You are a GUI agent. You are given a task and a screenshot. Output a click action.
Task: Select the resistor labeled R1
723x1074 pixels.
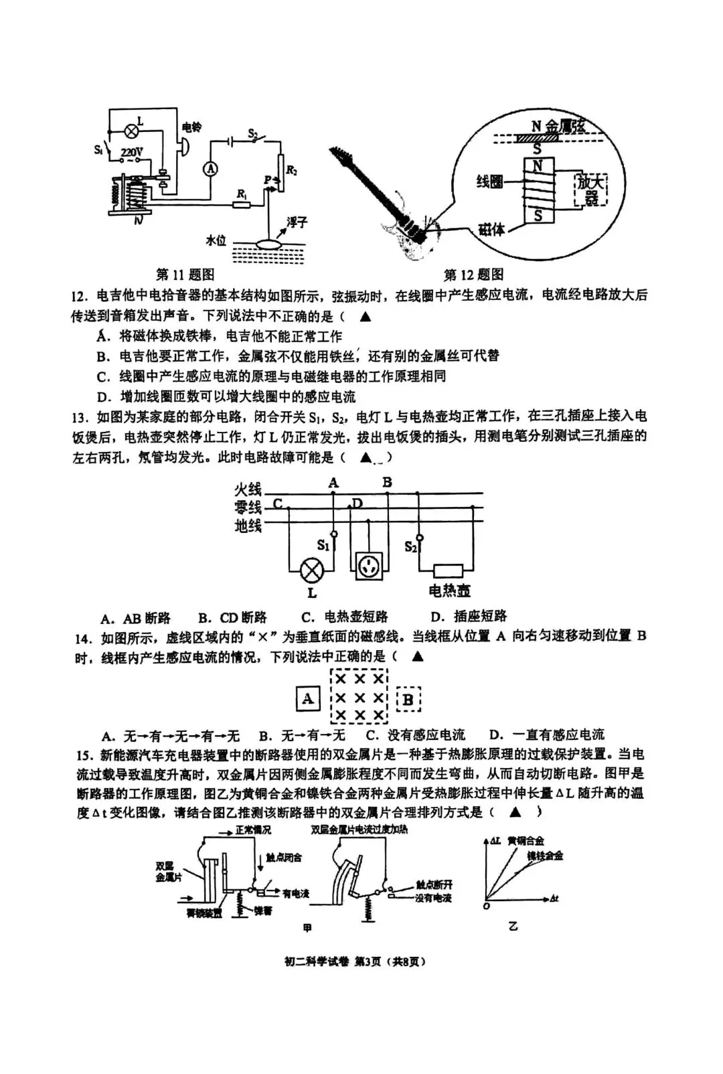(242, 205)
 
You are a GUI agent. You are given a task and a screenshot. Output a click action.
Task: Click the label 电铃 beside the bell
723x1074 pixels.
(191, 127)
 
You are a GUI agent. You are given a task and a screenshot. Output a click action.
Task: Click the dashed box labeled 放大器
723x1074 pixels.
(590, 190)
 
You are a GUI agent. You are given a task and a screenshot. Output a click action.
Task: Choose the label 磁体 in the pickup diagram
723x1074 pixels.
(491, 230)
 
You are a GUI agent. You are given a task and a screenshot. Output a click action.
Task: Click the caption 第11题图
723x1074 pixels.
(185, 275)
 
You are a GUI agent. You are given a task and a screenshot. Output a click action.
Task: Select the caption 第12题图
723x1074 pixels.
(474, 275)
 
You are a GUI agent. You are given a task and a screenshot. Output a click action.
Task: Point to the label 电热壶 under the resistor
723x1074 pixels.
(449, 590)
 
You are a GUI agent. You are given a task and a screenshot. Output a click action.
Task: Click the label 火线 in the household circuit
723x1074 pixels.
(248, 489)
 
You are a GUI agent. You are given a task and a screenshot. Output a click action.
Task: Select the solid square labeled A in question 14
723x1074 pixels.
(307, 700)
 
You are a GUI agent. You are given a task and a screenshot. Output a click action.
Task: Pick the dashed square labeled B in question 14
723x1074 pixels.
(408, 701)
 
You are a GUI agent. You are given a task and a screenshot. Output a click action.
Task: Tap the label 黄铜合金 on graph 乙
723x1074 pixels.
(526, 841)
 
